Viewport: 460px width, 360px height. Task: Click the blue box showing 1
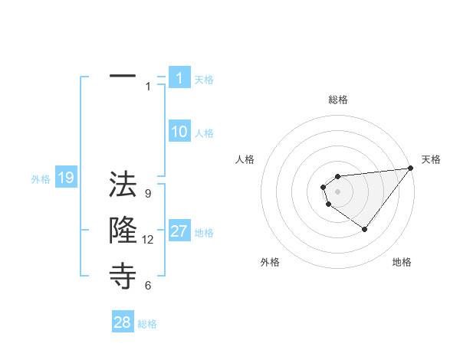click(179, 77)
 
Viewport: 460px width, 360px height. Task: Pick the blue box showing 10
click(179, 132)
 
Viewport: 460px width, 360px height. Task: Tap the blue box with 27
click(179, 231)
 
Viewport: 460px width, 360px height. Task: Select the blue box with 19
click(66, 178)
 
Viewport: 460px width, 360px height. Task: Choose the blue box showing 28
click(123, 322)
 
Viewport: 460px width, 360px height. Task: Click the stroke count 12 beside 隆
click(148, 240)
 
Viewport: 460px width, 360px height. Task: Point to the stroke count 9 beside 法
click(148, 194)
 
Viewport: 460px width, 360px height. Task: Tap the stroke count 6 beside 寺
click(148, 286)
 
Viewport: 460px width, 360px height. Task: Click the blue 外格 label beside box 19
click(41, 179)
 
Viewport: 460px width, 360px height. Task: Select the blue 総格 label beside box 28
click(147, 324)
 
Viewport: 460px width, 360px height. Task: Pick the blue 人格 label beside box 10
click(204, 133)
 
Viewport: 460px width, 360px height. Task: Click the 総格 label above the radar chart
click(337, 100)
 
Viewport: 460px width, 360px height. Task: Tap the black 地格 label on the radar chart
click(402, 262)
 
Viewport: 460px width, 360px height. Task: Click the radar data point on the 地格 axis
click(364, 229)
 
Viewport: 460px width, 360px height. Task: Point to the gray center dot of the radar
click(337, 190)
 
